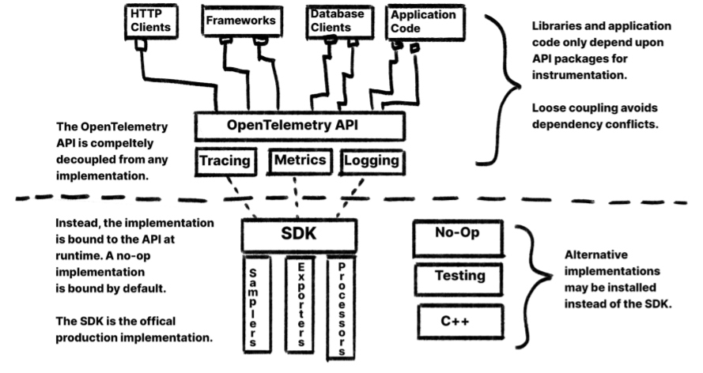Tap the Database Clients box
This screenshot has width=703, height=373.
pyautogui.click(x=333, y=21)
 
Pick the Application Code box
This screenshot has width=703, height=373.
pyautogui.click(x=423, y=21)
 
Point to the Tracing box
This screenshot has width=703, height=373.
pyautogui.click(x=225, y=162)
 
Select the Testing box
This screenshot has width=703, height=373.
pyautogui.click(x=459, y=277)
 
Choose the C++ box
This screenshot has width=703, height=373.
pyautogui.click(x=459, y=321)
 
